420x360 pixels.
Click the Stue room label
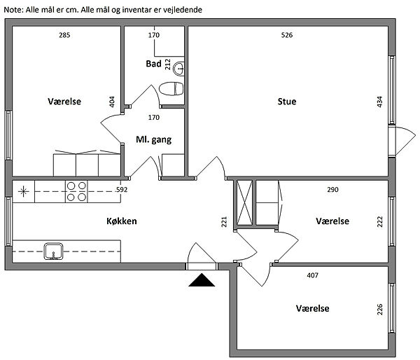pos(287,102)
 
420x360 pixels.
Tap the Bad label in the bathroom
pos(153,64)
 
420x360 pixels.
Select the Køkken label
pos(122,221)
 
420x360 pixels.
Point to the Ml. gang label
pos(154,139)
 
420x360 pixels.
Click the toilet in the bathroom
pos(171,89)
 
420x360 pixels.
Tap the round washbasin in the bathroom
pos(178,69)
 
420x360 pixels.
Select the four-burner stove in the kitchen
pos(76,191)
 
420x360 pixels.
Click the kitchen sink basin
pos(54,251)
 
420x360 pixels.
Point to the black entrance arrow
pos(202,280)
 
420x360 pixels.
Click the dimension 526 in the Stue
pos(287,35)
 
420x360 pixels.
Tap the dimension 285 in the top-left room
pos(64,35)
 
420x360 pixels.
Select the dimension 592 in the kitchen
pos(122,190)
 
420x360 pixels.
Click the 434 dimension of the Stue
pos(379,102)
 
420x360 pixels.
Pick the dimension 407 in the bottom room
pos(313,275)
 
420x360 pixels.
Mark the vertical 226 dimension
pos(379,310)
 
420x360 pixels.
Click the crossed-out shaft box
pos(244,202)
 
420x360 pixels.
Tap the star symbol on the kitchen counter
pos(23,191)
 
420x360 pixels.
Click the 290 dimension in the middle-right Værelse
pos(332,190)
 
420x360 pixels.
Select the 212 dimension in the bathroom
pos(168,64)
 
